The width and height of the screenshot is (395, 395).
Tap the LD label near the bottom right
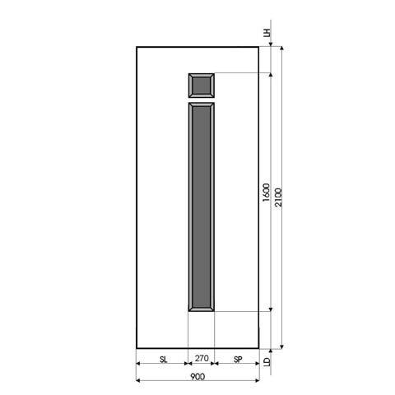267,360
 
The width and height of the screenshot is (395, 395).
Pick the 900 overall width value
197,376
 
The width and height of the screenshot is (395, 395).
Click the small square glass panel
202,86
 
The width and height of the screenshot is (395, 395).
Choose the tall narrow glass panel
202,207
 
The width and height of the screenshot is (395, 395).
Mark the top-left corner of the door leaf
137,47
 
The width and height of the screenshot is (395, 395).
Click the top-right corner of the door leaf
259,47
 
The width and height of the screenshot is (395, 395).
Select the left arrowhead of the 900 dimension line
138,380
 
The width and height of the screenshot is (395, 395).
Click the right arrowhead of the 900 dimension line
258,380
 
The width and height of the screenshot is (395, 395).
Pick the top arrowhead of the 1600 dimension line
271,75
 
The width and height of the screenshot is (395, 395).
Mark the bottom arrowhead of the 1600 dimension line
271,309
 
